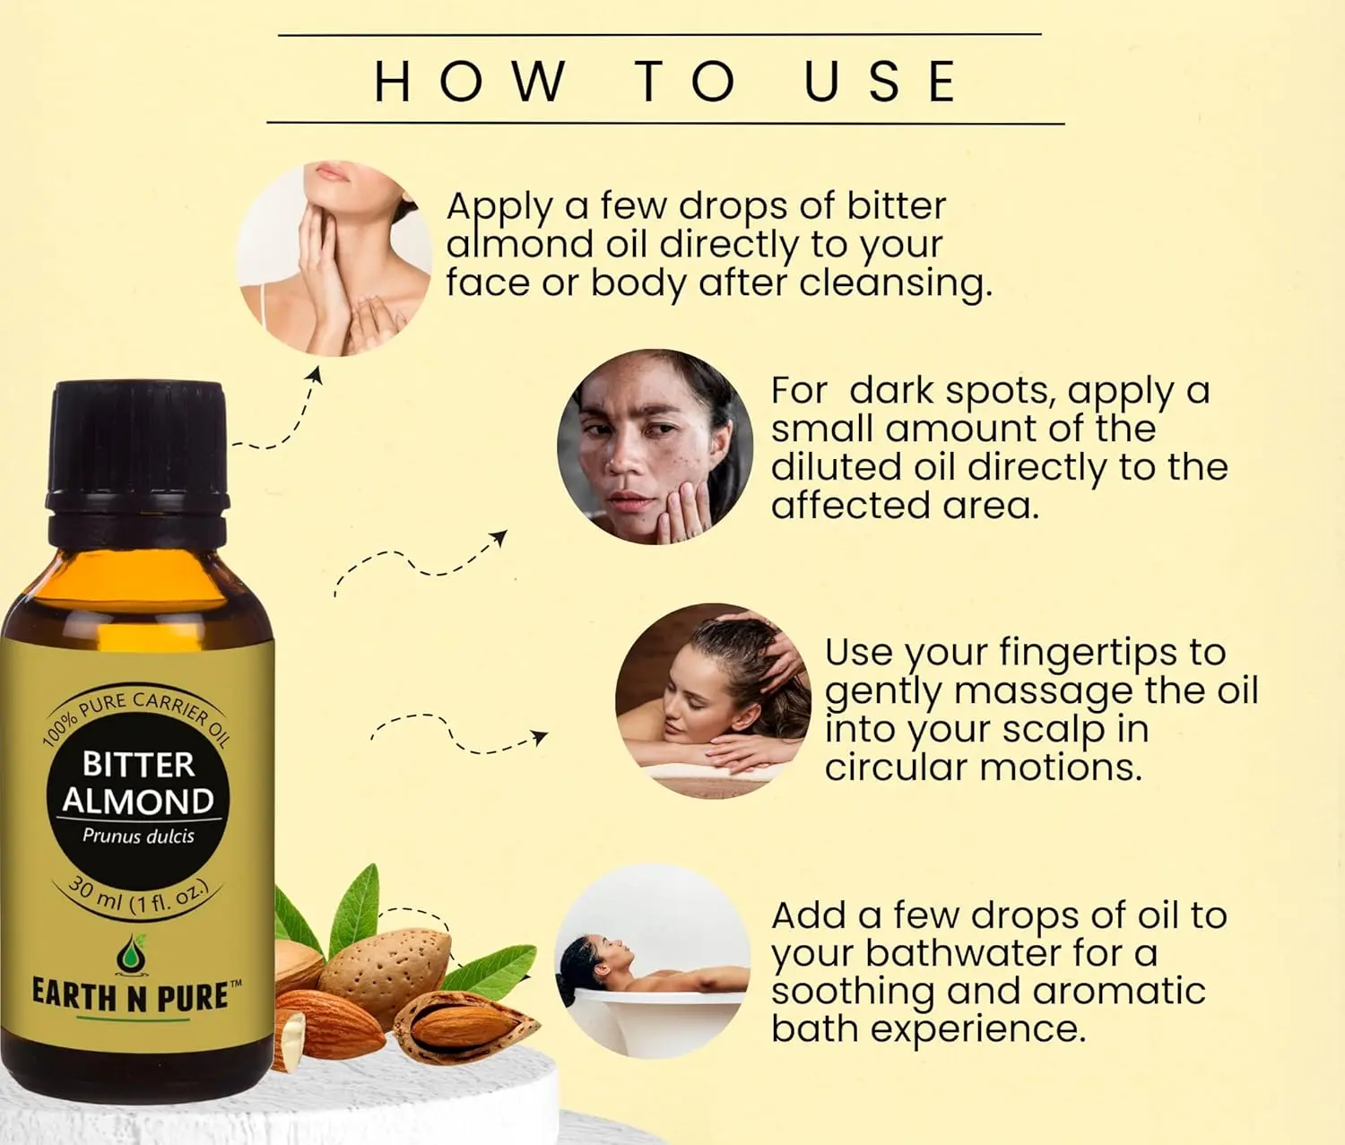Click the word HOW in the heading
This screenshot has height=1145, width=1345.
[x=470, y=81]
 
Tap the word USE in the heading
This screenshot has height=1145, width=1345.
[x=881, y=81]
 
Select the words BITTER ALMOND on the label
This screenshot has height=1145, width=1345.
[x=138, y=783]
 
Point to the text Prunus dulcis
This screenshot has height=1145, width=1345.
[x=138, y=836]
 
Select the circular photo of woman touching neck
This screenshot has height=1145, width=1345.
[x=334, y=259]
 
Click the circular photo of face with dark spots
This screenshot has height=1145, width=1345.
[x=655, y=447]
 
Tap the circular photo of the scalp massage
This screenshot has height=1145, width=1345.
[x=713, y=700]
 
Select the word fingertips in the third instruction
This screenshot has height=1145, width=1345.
[x=1088, y=653]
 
